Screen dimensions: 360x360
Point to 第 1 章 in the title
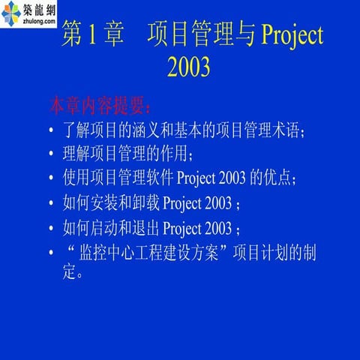(91, 35)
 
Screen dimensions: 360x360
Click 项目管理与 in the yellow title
(200, 35)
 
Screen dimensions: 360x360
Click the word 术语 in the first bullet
(283, 132)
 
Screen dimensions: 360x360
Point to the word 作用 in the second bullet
(175, 155)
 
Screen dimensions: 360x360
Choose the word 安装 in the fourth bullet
(106, 203)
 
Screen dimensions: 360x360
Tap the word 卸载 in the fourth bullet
(143, 203)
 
